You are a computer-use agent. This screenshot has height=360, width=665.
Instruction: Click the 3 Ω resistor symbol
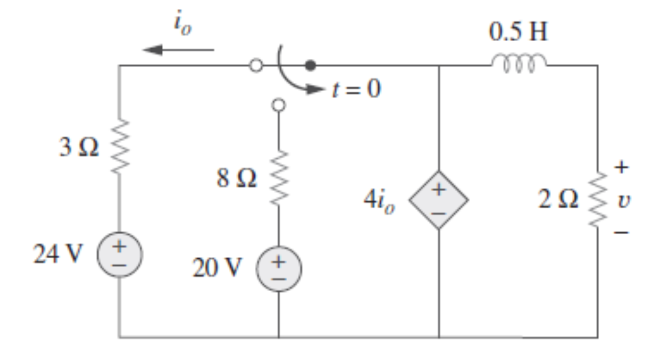[119, 147]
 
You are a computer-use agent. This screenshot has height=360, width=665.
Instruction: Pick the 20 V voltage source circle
[278, 268]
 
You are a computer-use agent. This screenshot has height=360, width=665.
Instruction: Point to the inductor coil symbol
[518, 61]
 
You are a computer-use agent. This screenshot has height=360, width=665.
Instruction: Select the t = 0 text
[356, 89]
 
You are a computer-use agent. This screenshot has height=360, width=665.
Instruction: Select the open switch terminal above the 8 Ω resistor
[278, 105]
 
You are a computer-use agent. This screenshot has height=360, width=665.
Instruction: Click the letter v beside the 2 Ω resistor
[621, 200]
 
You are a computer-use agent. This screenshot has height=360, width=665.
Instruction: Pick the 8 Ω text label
[237, 179]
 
